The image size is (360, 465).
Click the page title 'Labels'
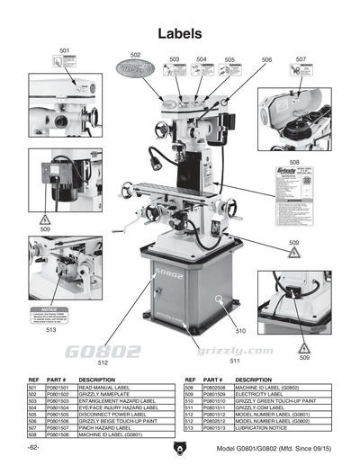tap(179, 33)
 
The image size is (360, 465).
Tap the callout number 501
tap(65, 49)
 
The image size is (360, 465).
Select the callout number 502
tap(135, 55)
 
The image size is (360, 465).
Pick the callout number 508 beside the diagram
tap(293, 163)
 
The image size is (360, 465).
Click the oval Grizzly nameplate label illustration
tap(136, 68)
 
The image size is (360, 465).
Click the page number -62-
tap(33, 448)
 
